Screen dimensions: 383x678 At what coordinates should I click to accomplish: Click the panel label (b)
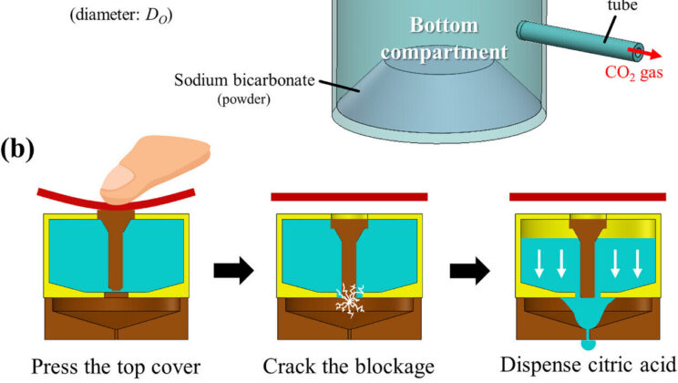(21, 148)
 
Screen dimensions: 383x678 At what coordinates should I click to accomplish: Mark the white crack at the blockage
(350, 300)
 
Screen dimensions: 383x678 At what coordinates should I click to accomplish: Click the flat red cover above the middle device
(350, 195)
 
